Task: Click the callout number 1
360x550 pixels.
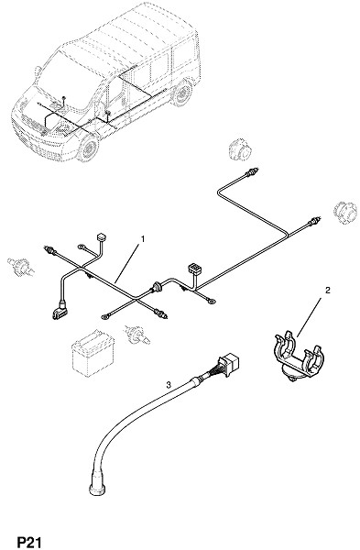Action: pyautogui.click(x=143, y=239)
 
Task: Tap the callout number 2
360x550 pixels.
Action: pyautogui.click(x=328, y=290)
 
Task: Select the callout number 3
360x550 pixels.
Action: pyautogui.click(x=169, y=385)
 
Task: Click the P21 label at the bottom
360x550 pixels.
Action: pyautogui.click(x=29, y=543)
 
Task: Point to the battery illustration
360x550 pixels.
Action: pyautogui.click(x=93, y=353)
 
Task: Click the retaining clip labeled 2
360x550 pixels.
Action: pyautogui.click(x=299, y=357)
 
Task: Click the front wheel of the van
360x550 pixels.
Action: pyautogui.click(x=88, y=148)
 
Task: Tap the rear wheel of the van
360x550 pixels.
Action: pyautogui.click(x=182, y=93)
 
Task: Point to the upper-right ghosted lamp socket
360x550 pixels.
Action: pyautogui.click(x=240, y=151)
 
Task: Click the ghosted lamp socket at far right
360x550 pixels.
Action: pyautogui.click(x=345, y=212)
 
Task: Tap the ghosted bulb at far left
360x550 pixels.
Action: pyautogui.click(x=21, y=267)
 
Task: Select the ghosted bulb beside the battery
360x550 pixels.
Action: pyautogui.click(x=137, y=335)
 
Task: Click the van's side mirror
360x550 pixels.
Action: pyautogui.click(x=38, y=71)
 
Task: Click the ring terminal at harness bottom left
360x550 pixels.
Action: pyautogui.click(x=104, y=317)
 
